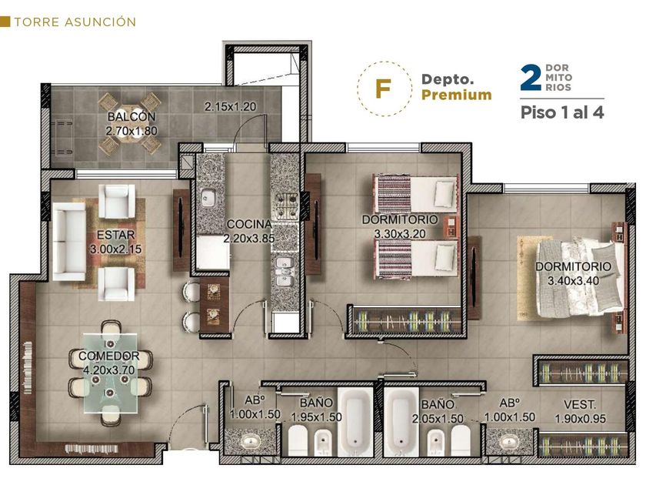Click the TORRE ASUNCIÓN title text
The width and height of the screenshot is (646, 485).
[x=75, y=22]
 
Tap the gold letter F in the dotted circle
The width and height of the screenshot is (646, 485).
[x=383, y=89]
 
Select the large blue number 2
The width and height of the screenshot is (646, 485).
[x=531, y=77]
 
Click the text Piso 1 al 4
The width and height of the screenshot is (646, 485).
[x=562, y=112]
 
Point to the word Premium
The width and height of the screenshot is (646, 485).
[x=457, y=95]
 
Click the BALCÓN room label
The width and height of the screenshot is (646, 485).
[x=132, y=117]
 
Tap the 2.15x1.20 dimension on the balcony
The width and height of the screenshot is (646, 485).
[x=230, y=107]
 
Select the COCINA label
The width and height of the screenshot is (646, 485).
[x=249, y=224]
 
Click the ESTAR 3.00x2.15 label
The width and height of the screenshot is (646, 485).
[x=116, y=242]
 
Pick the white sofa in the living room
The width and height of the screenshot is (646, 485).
[x=68, y=242]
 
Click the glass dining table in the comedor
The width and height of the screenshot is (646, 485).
[x=111, y=373]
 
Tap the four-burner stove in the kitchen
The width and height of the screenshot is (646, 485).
[x=286, y=206]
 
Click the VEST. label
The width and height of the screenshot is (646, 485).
[x=580, y=405]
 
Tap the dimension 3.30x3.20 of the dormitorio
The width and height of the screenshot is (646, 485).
[x=400, y=234]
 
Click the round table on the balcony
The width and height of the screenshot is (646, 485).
[x=129, y=124]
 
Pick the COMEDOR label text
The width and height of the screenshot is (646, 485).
[x=108, y=356]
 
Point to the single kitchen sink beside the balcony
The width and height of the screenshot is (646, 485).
[x=209, y=199]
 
